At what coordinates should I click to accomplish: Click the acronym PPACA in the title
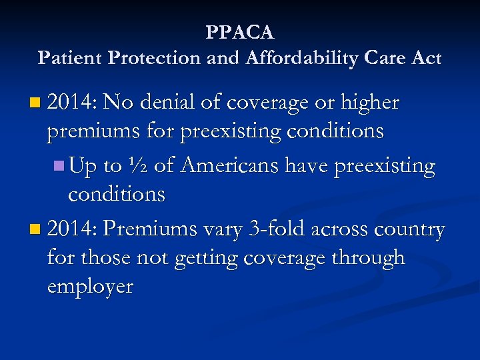pos(240,32)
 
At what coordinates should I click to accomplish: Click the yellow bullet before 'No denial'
pos(35,103)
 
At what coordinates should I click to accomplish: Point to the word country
pos(410,230)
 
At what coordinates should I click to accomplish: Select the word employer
pos(90,287)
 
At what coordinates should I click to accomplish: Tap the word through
pos(370,257)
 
